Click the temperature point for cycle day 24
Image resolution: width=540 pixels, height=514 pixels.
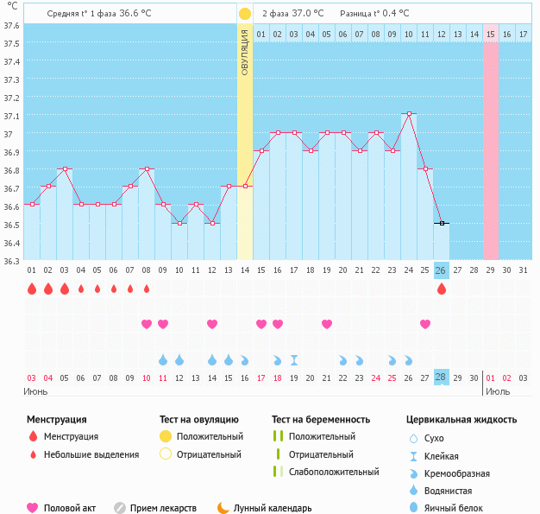tap(408, 114)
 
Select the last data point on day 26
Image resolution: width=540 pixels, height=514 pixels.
tap(441, 223)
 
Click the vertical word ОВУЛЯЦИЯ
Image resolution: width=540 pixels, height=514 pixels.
tap(244, 52)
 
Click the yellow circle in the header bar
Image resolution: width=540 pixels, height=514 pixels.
tap(245, 14)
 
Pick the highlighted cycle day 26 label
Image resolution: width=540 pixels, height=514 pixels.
tap(441, 270)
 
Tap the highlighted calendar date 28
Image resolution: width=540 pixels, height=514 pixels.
tap(441, 378)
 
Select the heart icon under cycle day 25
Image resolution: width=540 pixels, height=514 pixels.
tap(424, 324)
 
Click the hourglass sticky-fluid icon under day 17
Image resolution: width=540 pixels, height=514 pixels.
tap(294, 359)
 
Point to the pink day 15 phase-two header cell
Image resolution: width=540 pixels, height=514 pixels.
tap(490, 34)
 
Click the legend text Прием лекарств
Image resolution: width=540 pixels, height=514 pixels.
tap(163, 508)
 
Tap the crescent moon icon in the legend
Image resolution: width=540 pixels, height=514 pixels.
tap(223, 508)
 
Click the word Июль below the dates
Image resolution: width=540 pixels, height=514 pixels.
tap(497, 391)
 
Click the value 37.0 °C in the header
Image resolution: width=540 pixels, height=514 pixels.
tap(308, 14)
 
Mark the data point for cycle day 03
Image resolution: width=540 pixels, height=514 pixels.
tap(64, 168)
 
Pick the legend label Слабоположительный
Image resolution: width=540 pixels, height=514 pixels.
tap(334, 472)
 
